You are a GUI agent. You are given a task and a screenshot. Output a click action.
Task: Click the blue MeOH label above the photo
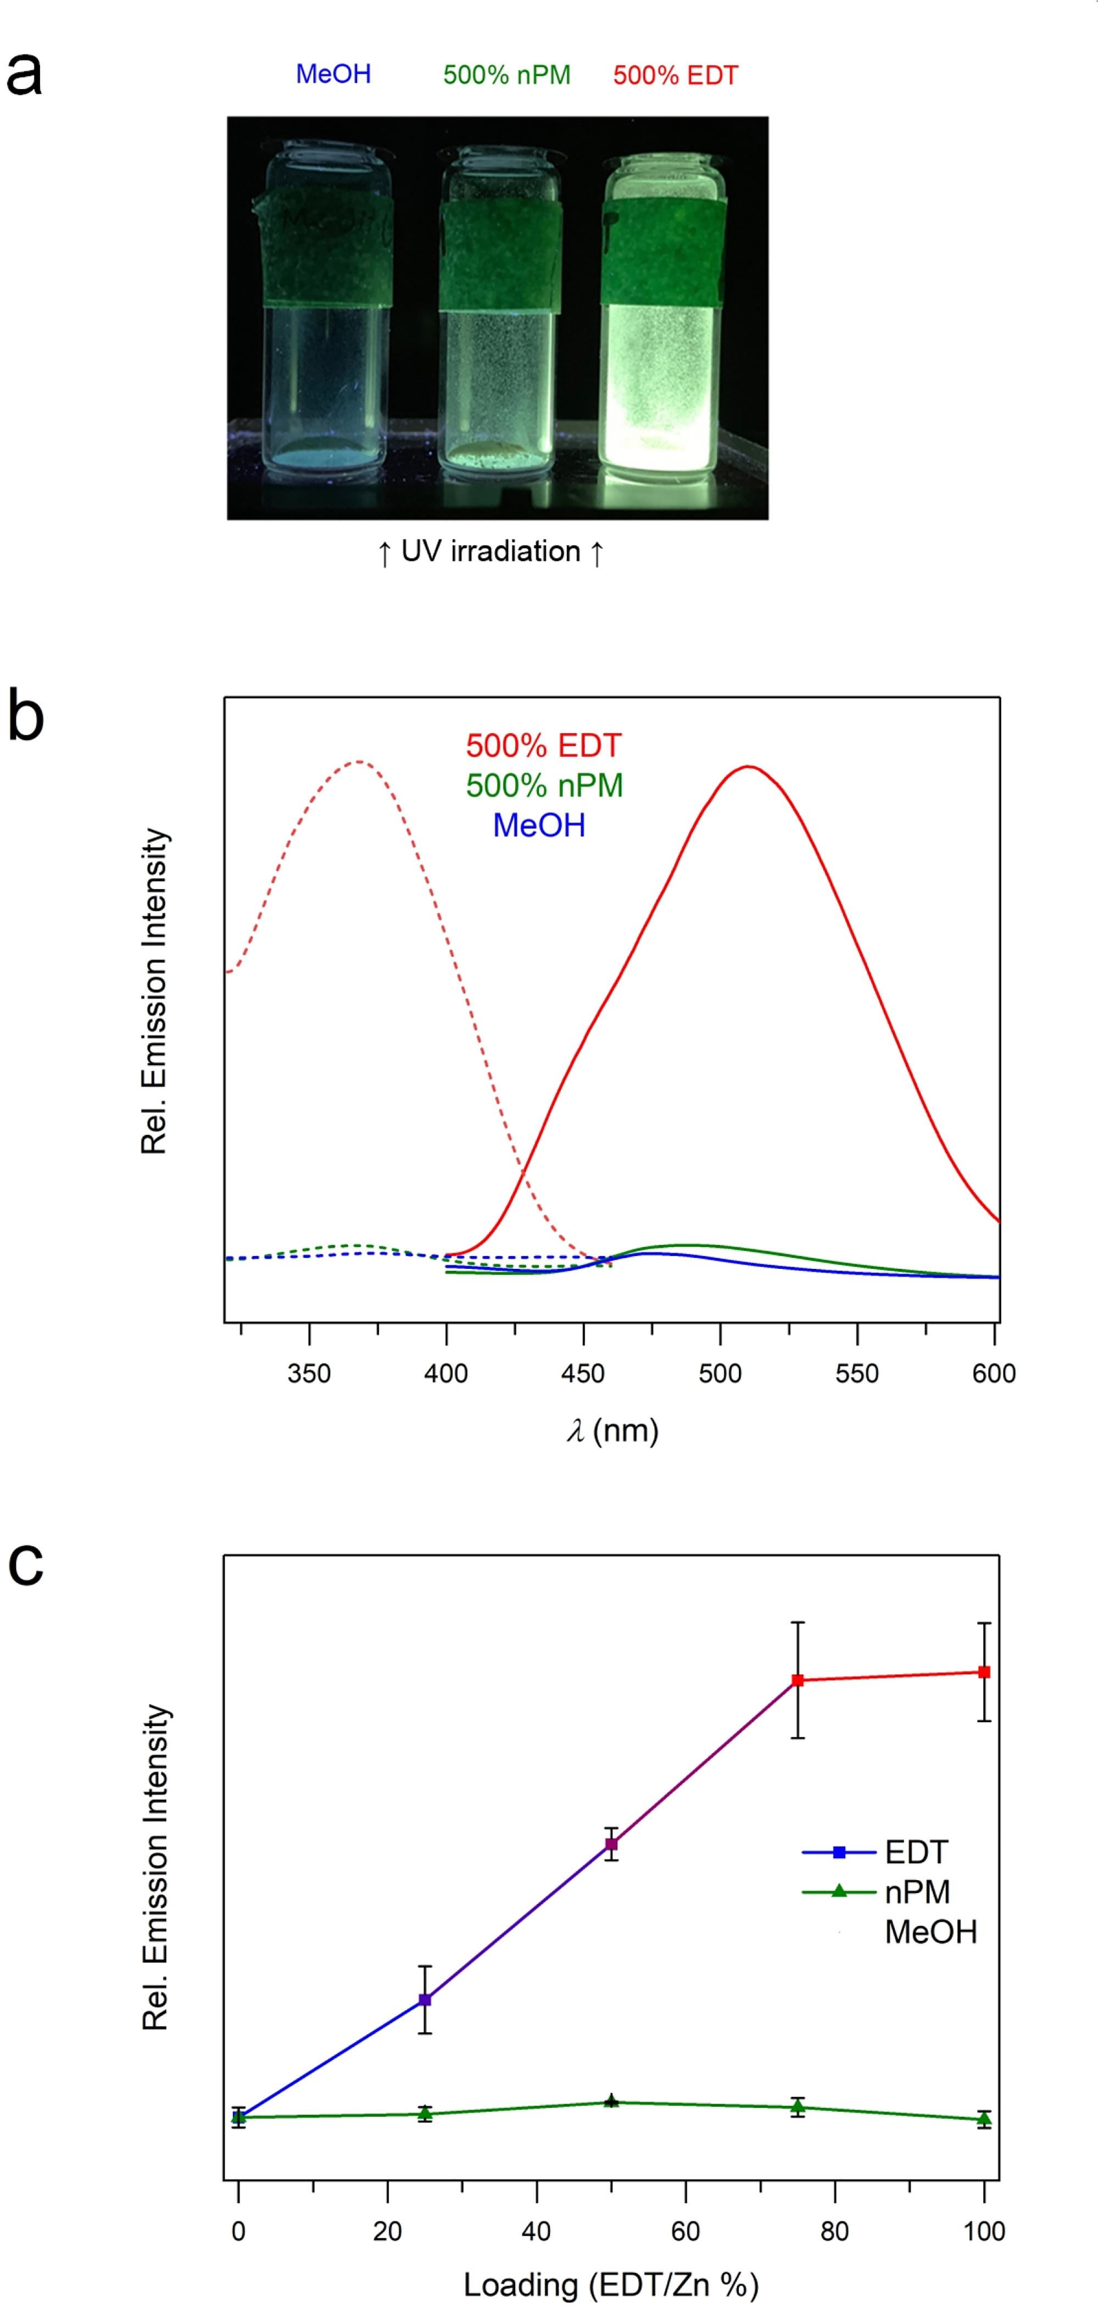[x=333, y=74]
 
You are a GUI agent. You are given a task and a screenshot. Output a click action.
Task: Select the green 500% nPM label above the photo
[x=507, y=75]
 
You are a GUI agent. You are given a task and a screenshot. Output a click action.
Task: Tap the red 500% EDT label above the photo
[x=675, y=75]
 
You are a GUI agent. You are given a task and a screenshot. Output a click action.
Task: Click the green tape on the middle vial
[x=500, y=256]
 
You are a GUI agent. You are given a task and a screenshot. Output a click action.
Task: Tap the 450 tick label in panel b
[x=583, y=1373]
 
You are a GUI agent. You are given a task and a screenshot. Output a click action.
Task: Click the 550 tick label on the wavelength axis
[x=857, y=1373]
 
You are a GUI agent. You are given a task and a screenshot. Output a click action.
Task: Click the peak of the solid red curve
[x=748, y=767]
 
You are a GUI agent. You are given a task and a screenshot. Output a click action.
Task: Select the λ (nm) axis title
[x=612, y=1430]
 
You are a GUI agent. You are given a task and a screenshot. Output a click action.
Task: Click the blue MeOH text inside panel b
[x=539, y=825]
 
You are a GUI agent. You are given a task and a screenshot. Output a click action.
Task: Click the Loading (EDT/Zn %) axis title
[x=611, y=2284]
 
